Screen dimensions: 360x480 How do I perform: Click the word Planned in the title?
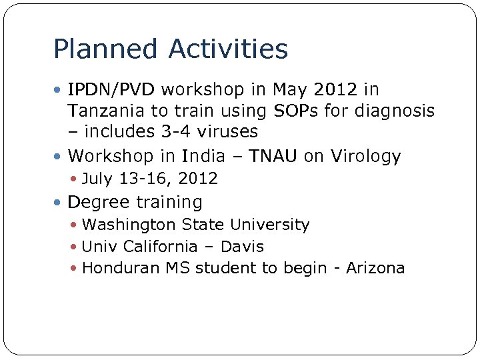pos(107,49)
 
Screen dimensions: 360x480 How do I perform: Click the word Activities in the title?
pos(228,49)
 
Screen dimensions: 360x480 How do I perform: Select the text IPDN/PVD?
pos(114,89)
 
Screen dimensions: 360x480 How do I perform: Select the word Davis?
pos(242,247)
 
